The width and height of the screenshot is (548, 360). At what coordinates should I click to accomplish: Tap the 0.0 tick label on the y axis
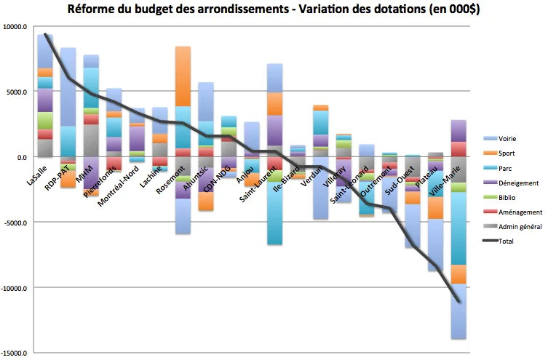coord(21,158)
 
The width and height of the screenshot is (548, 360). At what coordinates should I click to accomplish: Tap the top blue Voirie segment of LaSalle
coord(45,51)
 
